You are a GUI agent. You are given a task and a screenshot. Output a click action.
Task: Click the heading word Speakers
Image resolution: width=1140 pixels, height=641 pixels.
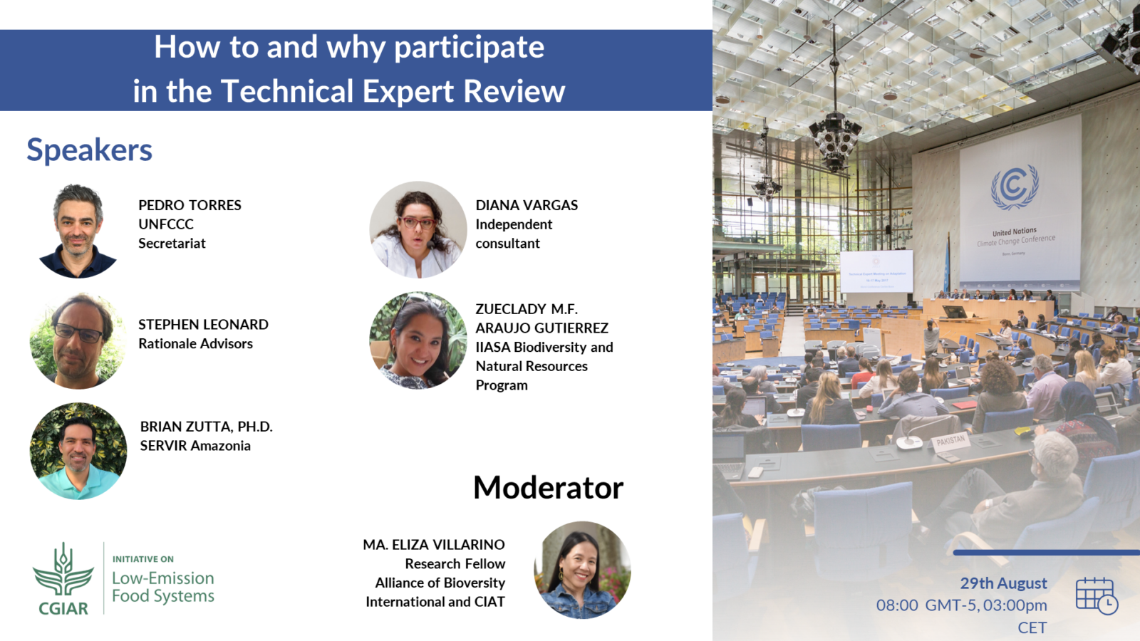(x=89, y=150)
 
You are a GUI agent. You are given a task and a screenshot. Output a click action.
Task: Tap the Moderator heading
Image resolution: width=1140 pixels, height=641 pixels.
(x=548, y=488)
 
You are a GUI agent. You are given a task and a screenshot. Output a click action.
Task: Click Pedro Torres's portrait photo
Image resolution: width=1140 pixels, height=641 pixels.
(x=78, y=230)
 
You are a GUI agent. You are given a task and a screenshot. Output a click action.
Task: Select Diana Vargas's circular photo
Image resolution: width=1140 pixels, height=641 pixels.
(x=418, y=229)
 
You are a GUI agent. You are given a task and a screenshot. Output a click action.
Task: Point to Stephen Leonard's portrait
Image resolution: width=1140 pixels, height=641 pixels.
(x=78, y=341)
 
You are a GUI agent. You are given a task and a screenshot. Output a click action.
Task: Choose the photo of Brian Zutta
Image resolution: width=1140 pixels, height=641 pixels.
(x=78, y=451)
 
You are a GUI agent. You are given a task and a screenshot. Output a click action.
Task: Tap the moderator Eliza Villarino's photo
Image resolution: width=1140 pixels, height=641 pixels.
(x=582, y=570)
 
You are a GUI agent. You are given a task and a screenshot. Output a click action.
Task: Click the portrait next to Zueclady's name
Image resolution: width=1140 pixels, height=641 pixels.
(x=418, y=340)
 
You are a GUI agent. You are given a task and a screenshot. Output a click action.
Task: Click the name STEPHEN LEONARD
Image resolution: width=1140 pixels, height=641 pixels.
(x=203, y=325)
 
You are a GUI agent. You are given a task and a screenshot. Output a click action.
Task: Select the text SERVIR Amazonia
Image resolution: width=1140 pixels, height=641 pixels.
(x=195, y=446)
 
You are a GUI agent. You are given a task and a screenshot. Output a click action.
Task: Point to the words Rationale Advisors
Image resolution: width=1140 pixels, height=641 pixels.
(x=195, y=344)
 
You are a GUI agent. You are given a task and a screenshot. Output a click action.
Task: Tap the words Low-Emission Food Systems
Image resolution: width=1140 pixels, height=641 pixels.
(x=163, y=587)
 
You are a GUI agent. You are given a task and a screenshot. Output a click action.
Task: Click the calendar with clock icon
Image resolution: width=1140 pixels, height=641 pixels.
(x=1096, y=595)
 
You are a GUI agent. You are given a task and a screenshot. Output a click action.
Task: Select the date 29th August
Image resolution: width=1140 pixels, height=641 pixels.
(x=1003, y=583)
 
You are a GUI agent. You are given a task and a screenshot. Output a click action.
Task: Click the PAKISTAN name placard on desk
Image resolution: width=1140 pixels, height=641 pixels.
(x=950, y=441)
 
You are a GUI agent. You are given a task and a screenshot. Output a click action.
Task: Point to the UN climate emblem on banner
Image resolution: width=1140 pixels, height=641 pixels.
(x=1015, y=187)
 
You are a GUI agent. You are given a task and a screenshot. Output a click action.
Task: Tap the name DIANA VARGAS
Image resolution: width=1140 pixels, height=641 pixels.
(x=527, y=205)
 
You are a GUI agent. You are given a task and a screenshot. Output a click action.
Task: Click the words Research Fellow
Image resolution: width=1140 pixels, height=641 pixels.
(x=455, y=564)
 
